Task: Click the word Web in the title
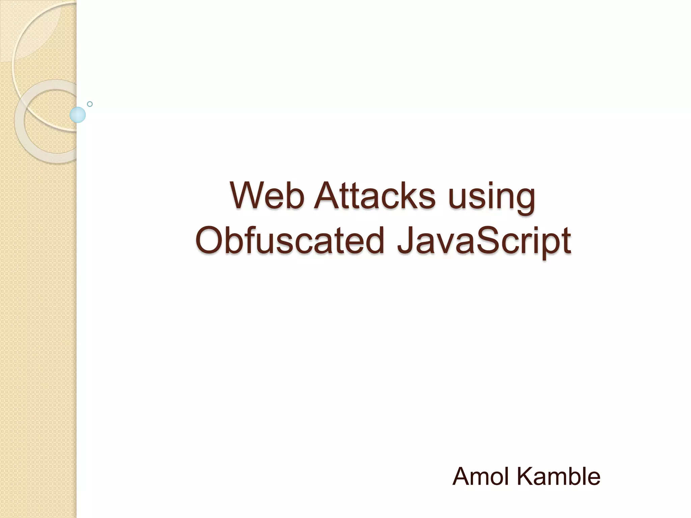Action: pyautogui.click(x=267, y=196)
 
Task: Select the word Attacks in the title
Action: pyautogui.click(x=375, y=196)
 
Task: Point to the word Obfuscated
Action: pyautogui.click(x=290, y=240)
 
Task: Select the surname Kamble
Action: pyautogui.click(x=558, y=477)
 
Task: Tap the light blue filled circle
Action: pyautogui.click(x=78, y=115)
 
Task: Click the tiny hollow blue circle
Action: pyautogui.click(x=90, y=104)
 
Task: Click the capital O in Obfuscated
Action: pyautogui.click(x=210, y=240)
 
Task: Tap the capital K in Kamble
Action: pyautogui.click(x=525, y=477)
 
